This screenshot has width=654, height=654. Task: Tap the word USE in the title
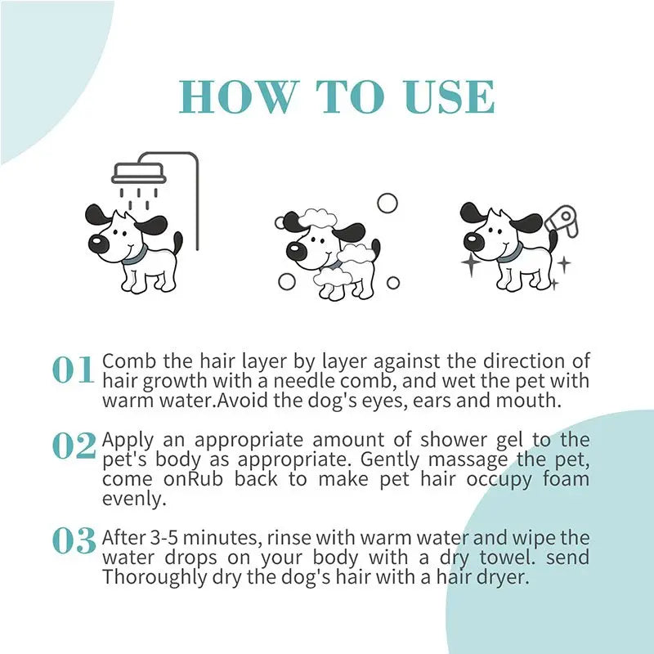coord(451,98)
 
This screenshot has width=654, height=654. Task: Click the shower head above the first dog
coord(139,172)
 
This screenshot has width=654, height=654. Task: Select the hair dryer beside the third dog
coord(561,218)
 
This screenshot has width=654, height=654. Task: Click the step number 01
coord(74,370)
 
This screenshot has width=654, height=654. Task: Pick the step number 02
coord(74,446)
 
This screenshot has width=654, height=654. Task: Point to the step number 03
coord(74,540)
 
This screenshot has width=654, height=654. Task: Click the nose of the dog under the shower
coord(97,244)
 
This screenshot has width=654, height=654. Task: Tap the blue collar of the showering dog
coord(133,253)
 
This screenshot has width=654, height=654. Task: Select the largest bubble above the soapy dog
coord(387,203)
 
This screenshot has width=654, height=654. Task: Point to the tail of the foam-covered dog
coord(375,249)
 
